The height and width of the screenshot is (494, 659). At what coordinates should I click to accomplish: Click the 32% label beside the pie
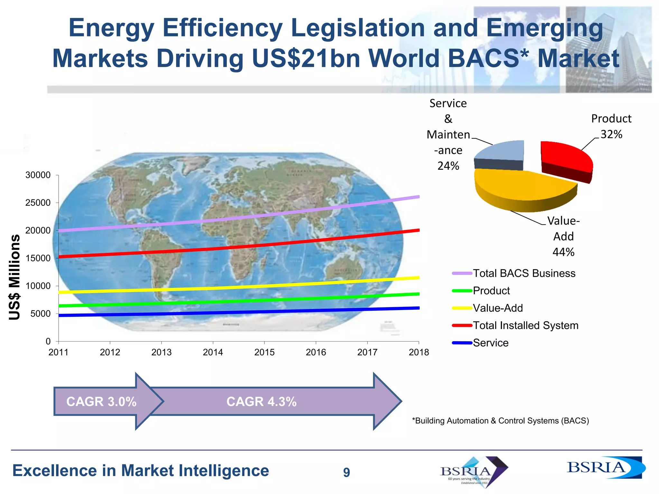click(x=611, y=134)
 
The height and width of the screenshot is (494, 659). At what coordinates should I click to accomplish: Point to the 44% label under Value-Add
click(x=563, y=252)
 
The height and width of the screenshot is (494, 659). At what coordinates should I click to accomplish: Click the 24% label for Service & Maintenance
click(x=448, y=166)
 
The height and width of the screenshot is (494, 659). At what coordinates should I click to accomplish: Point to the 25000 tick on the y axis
click(x=38, y=203)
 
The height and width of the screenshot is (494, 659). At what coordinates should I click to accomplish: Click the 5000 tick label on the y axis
click(x=41, y=314)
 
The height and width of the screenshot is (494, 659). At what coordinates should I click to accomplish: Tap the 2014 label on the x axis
click(x=213, y=352)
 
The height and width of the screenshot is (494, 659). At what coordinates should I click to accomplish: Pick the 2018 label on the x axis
click(x=419, y=352)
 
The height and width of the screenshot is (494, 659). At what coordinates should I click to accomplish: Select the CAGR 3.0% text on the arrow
click(x=101, y=402)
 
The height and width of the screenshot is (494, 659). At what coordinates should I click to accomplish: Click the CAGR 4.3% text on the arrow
click(x=261, y=402)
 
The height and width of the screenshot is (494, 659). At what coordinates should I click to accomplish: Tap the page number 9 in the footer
click(x=346, y=472)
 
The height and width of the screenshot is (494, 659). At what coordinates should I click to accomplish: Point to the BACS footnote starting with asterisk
click(x=500, y=421)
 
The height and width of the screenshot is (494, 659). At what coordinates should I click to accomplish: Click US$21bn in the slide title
click(x=306, y=59)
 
